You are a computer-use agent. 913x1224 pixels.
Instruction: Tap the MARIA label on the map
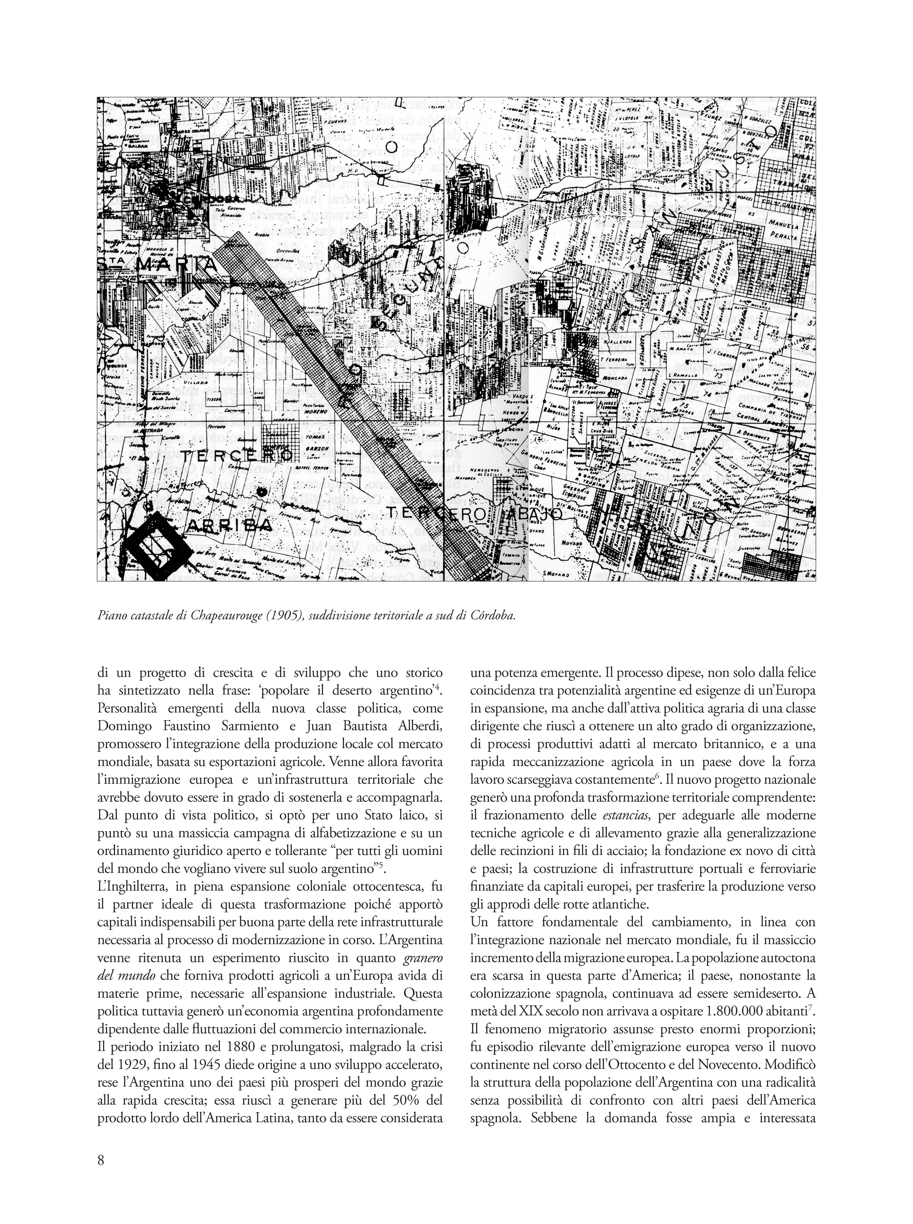[177, 266]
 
